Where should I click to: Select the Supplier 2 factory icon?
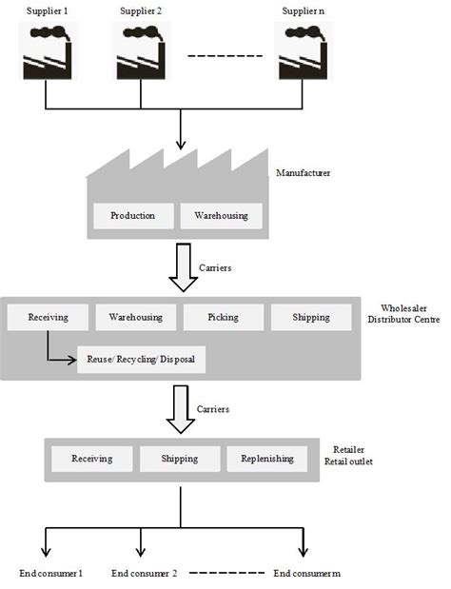point(140,52)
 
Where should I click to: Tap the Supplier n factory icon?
point(303,52)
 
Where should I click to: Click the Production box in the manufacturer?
point(132,216)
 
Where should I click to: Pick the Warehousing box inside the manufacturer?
point(221,216)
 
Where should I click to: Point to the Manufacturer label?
point(303,174)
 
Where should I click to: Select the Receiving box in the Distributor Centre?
point(48,317)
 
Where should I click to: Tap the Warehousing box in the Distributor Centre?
point(135,317)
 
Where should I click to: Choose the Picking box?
point(223,317)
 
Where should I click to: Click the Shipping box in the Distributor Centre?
point(311,317)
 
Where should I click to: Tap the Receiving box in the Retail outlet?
point(91,459)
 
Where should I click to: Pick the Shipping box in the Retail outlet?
point(180,459)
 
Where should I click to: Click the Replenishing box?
point(266,459)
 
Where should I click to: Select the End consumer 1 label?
point(50,574)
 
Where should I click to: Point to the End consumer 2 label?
point(145,574)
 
